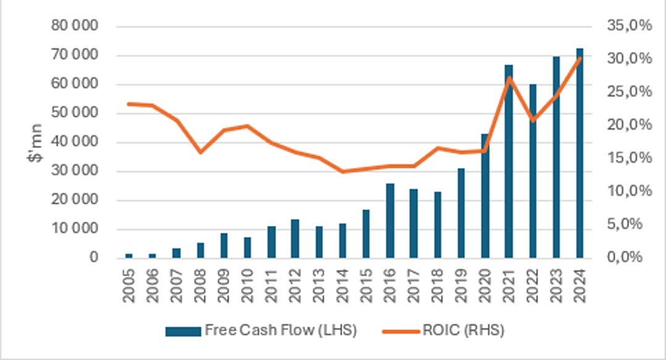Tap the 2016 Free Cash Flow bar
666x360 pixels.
(390, 220)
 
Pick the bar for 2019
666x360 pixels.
(461, 212)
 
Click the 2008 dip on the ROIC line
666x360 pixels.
(200, 151)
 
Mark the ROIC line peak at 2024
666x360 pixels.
(580, 58)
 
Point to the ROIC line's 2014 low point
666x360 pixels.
(342, 171)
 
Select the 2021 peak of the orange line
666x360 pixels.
(508, 77)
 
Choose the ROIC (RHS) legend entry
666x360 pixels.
(444, 330)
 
